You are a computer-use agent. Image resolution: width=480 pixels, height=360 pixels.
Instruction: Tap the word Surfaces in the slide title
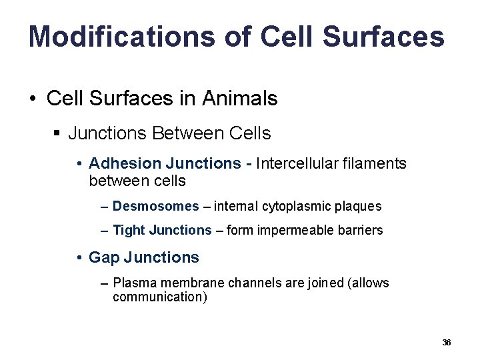[383, 37]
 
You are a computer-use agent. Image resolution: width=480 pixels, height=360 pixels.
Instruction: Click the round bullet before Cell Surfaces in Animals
[32, 99]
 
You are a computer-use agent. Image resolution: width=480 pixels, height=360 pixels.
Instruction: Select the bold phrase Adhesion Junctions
[165, 163]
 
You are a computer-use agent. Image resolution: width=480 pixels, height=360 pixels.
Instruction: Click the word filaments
[374, 163]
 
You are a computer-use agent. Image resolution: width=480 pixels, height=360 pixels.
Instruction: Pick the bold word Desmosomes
[155, 206]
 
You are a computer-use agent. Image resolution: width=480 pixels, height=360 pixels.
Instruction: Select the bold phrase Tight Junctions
[162, 230]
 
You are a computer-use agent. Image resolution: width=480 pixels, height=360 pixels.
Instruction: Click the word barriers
[361, 230]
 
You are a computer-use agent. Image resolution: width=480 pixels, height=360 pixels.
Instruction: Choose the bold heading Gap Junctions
[143, 257]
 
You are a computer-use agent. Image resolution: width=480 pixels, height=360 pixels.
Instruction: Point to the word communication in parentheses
[157, 297]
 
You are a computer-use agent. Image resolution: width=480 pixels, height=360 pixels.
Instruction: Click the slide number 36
[447, 343]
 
